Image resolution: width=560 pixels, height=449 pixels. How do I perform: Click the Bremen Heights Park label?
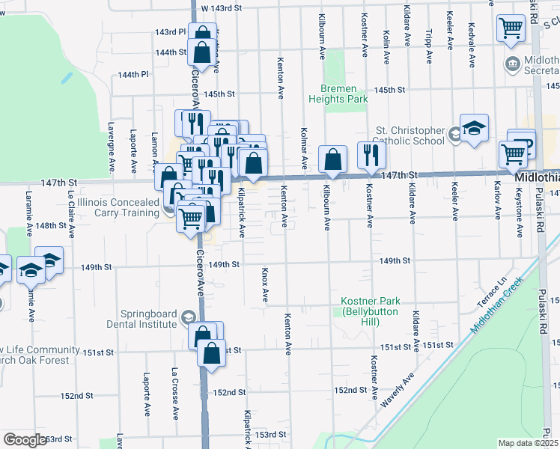click(338, 94)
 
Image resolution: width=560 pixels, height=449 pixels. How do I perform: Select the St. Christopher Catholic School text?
click(411, 135)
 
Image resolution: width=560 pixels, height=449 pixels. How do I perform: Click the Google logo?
click(24, 440)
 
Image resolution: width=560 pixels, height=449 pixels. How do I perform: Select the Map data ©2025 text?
click(527, 443)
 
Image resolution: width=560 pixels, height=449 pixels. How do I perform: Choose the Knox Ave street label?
click(265, 285)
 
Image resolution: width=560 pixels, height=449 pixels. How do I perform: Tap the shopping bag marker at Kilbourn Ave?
click(332, 159)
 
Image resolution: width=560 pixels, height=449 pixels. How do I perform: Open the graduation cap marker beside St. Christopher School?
click(474, 129)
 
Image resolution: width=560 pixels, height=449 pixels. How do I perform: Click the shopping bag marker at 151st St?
click(212, 352)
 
